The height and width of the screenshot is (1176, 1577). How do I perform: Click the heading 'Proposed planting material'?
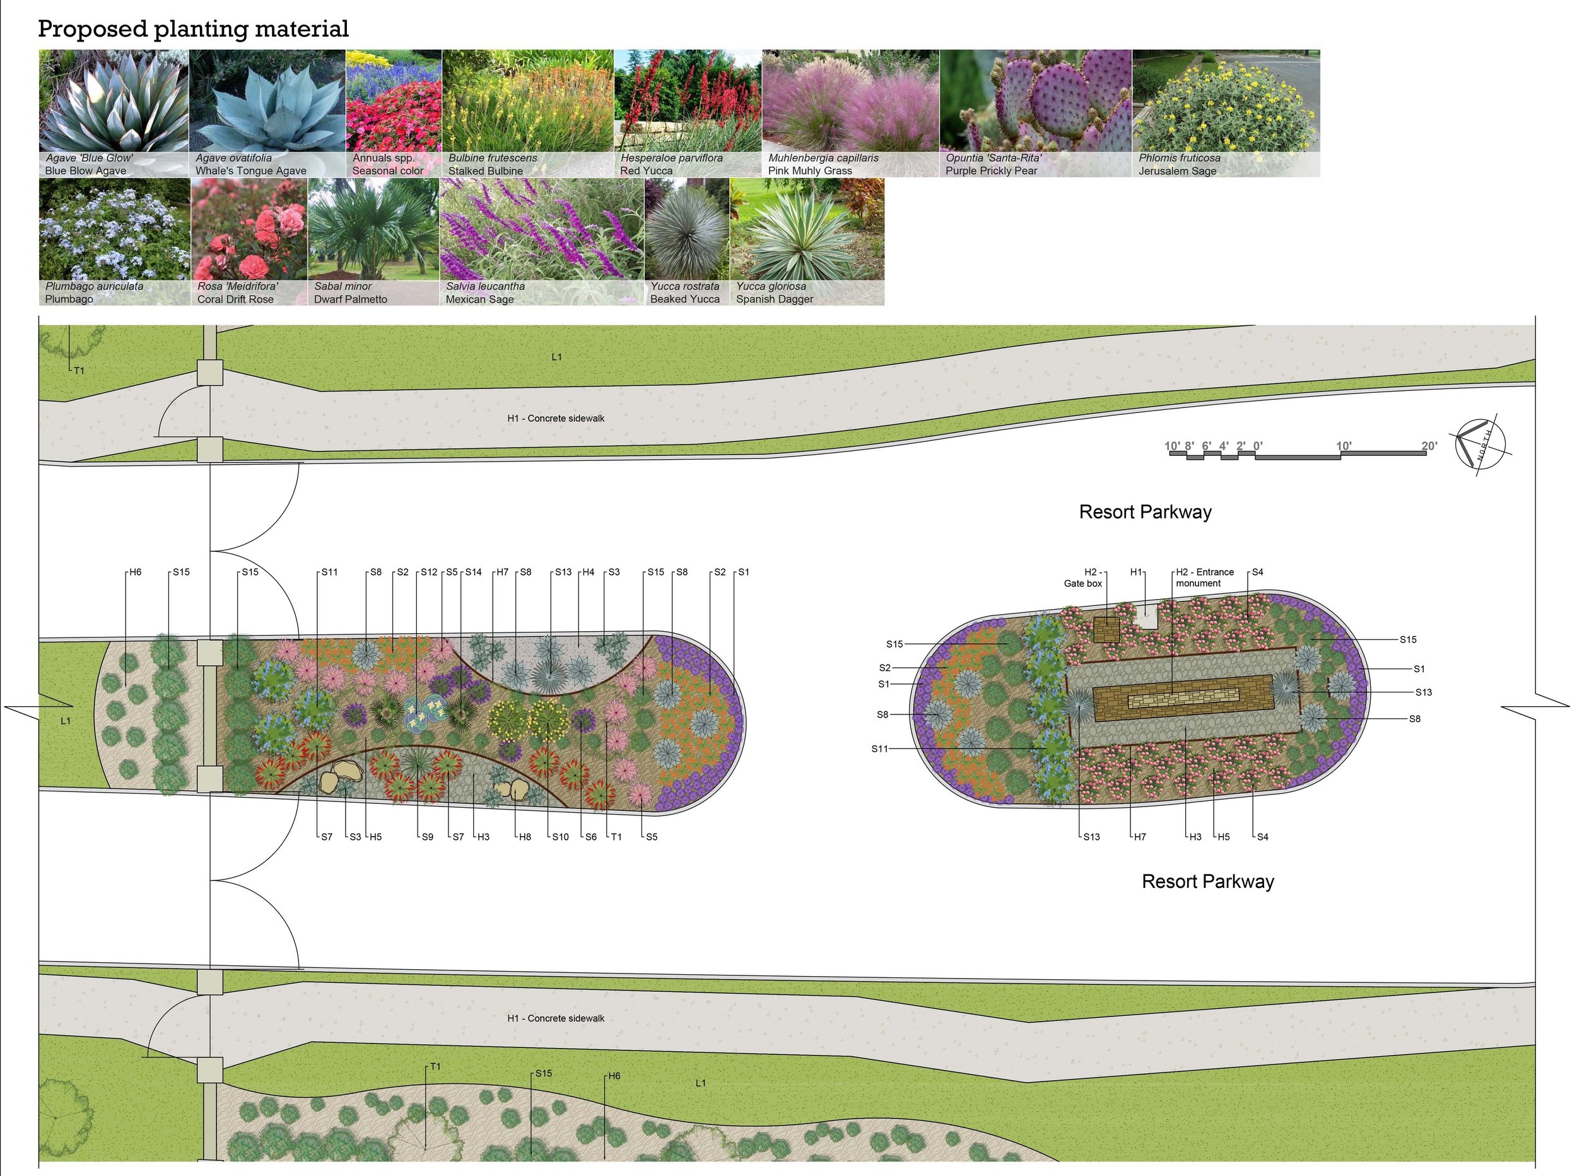coord(193,28)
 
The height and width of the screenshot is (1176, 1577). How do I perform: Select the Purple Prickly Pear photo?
coord(1035,114)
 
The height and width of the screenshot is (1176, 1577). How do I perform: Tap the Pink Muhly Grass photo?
coord(851,114)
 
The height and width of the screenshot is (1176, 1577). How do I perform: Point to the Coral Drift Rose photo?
coord(249,242)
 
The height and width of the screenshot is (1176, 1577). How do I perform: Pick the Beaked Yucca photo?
coord(687,242)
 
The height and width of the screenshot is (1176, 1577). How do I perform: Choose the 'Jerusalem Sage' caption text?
coord(1177,171)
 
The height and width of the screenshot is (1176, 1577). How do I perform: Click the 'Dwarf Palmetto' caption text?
coord(350,299)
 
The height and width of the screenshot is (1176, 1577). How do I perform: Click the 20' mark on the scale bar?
coord(1429,446)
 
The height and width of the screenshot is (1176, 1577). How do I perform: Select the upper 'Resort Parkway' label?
coord(1145,512)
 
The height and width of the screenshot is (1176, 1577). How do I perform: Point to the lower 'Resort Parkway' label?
coord(1207,882)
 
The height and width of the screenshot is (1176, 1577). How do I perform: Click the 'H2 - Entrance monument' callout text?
coord(1205,578)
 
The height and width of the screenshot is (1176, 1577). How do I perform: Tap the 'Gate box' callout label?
coord(1083,584)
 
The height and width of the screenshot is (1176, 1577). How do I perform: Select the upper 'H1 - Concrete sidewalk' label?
coord(555,419)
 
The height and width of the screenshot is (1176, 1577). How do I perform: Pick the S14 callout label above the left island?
coord(474,573)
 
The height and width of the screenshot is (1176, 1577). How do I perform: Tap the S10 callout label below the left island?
coord(560,837)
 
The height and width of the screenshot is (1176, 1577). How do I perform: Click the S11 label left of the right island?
coord(879,749)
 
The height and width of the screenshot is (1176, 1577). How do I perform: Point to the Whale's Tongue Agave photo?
coord(267,114)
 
